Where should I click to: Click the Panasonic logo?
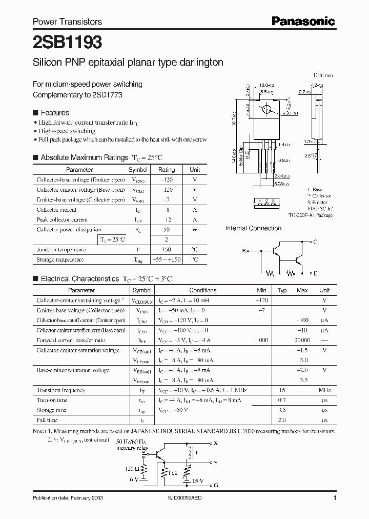coord(303,21)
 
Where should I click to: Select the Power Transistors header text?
coord(67,22)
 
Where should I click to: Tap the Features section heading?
coord(54,113)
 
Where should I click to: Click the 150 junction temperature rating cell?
coord(167,250)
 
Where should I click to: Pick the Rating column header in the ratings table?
coord(167,170)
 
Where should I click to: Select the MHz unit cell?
coord(324,390)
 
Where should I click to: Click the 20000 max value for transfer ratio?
coord(302,341)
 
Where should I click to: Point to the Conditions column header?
coord(203,290)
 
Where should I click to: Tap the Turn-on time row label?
coord(52,400)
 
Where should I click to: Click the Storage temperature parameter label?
coord(60,259)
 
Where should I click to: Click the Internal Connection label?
coord(253,228)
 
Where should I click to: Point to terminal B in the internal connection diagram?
coord(244,251)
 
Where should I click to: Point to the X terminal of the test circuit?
coord(215,443)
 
